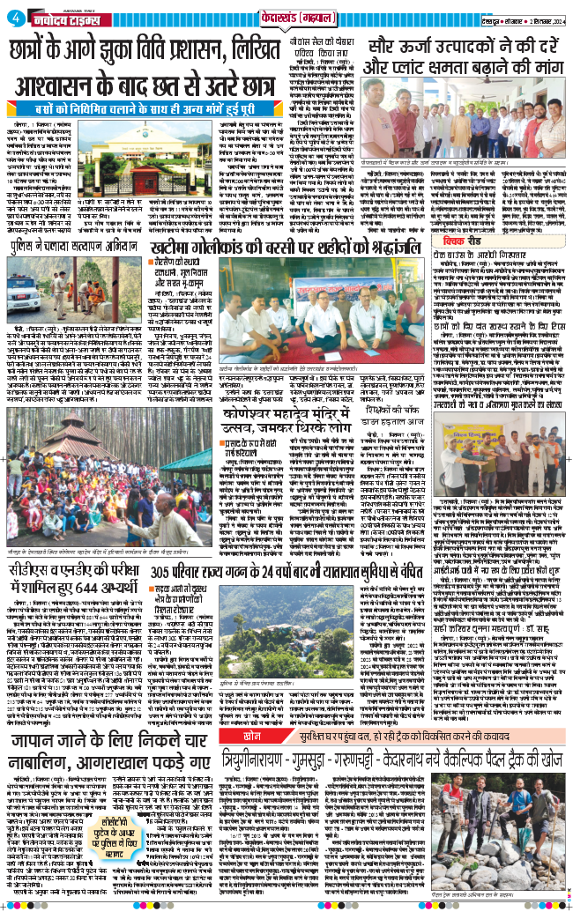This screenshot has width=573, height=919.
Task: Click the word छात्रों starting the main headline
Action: click(42, 50)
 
